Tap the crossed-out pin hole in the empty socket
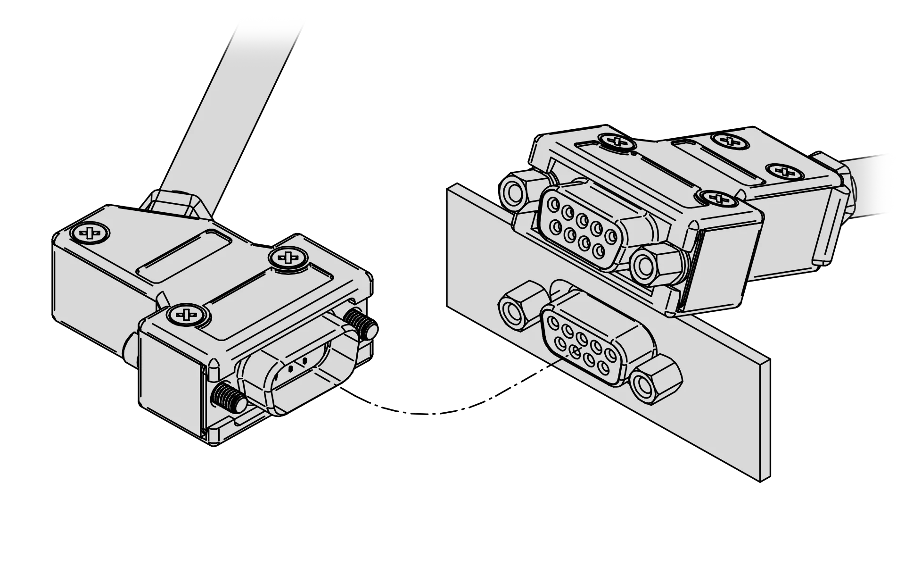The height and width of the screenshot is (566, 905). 574,350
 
